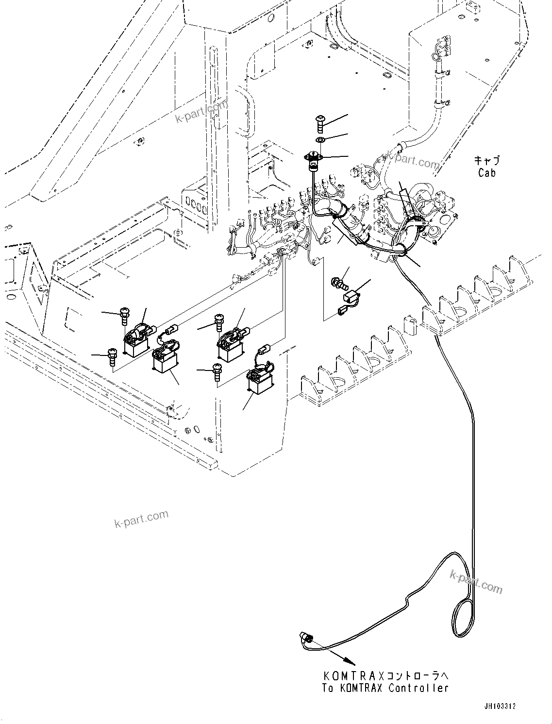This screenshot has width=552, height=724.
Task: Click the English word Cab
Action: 486,172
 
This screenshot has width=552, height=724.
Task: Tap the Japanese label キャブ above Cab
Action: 486,160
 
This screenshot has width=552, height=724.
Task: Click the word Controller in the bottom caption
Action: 418,688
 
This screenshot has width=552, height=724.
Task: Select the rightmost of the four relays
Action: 260,379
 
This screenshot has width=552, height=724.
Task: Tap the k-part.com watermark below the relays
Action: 141,518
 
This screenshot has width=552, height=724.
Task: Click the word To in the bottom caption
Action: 328,688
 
